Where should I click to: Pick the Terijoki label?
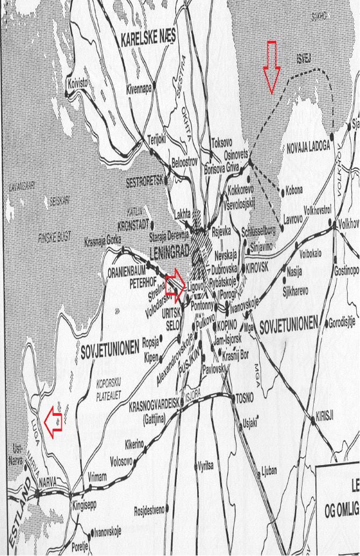(157, 138)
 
